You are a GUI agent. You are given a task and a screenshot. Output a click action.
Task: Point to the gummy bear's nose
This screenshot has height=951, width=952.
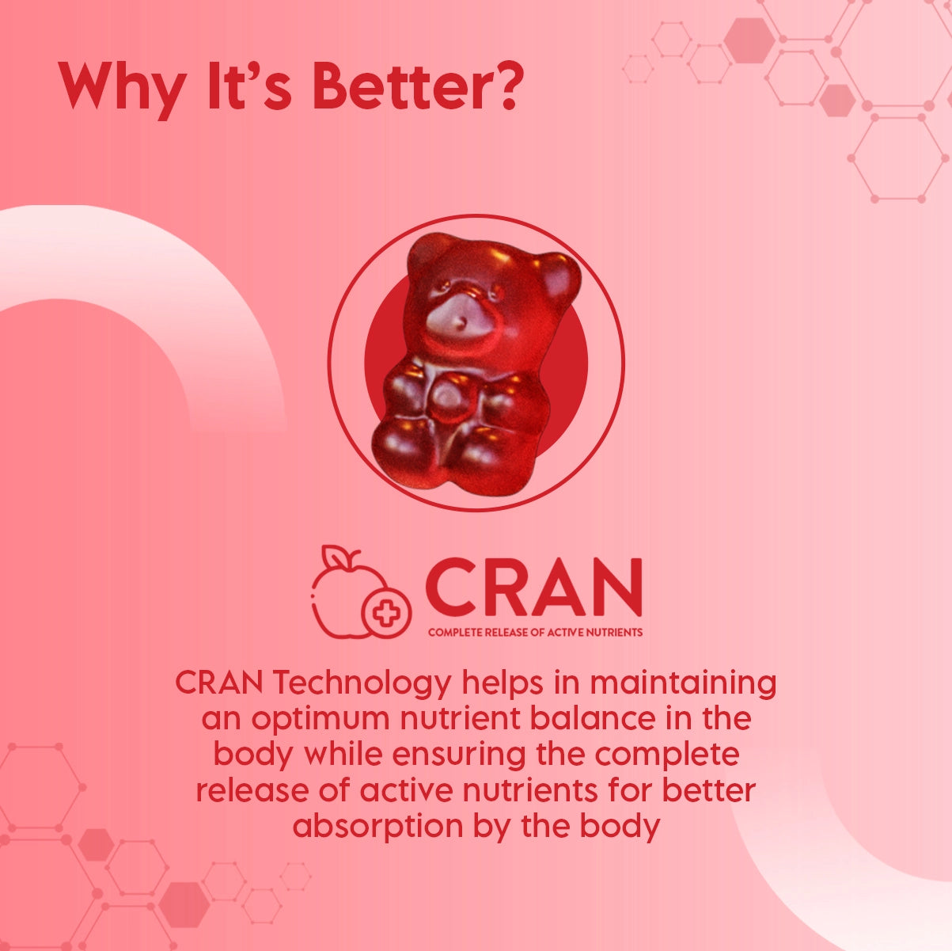(460, 321)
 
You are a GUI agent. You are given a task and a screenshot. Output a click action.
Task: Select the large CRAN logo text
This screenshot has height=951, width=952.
(533, 587)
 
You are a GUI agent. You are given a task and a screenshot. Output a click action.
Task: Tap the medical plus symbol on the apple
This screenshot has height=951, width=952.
(386, 614)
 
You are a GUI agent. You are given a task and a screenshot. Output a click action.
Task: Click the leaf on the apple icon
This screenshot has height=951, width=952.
(334, 556)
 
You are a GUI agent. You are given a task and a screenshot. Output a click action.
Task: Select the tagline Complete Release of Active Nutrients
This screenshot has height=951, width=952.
(535, 632)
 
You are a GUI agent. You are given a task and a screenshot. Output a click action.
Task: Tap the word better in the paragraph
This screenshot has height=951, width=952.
(709, 790)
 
